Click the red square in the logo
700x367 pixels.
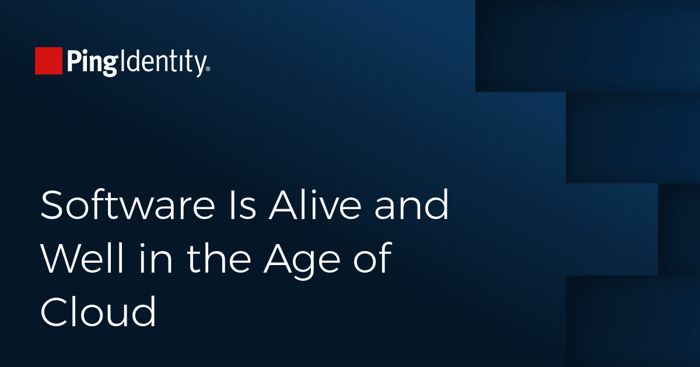coord(48,61)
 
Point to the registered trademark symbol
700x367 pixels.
coord(208,69)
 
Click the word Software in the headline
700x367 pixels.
coord(128,204)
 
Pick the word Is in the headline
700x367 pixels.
coord(243,205)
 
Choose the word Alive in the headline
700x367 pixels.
coord(314,204)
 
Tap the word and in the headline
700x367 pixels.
coord(412,204)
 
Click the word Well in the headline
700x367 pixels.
coord(82,258)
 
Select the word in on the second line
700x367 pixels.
coord(156,258)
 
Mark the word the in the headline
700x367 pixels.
coord(219,258)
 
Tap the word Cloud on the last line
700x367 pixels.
coord(98,312)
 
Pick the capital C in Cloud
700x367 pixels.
coord(55,312)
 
